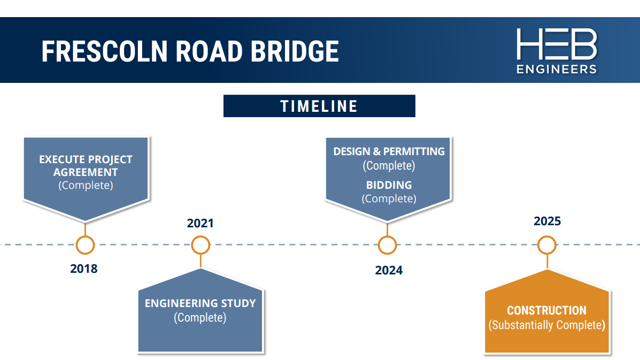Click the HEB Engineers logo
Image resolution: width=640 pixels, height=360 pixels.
tap(557, 51)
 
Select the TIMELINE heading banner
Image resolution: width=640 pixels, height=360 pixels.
tap(319, 106)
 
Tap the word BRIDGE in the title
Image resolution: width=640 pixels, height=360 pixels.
tap(294, 51)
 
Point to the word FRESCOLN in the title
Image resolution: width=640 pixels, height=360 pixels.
tap(104, 51)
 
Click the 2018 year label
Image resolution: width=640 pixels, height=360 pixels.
tap(83, 269)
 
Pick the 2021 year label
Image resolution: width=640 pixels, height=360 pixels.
tap(200, 223)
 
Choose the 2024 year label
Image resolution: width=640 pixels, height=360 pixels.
tap(389, 270)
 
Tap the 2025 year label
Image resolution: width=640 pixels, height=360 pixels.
tap(548, 221)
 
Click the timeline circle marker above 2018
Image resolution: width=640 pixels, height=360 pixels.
tap(86, 245)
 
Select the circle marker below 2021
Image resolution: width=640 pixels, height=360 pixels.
tap(201, 245)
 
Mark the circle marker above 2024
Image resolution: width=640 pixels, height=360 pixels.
tap(387, 245)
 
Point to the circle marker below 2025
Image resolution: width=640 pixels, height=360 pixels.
tap(547, 245)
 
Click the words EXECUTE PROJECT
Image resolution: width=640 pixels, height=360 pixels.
tap(86, 159)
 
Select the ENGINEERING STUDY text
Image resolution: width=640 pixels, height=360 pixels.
tap(201, 303)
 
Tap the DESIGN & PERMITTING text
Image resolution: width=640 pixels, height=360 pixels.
tap(389, 151)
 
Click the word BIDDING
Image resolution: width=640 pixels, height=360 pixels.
tap(389, 185)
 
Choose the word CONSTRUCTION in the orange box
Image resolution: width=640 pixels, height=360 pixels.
tap(547, 311)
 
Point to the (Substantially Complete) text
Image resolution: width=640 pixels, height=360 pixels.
tap(547, 325)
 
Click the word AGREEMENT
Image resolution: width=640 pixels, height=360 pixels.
tap(86, 172)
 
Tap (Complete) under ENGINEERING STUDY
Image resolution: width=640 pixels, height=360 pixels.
tap(200, 318)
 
